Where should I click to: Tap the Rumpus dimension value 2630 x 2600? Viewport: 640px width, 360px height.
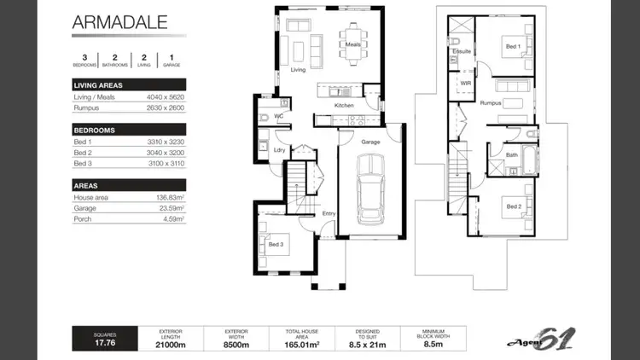[166, 108]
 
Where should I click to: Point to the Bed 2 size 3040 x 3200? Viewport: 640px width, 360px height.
[166, 152]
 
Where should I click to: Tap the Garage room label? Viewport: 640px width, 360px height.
[370, 142]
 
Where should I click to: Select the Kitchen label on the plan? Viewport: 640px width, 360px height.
[344, 106]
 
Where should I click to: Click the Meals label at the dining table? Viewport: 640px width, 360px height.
[353, 44]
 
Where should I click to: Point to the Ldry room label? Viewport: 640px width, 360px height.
[278, 149]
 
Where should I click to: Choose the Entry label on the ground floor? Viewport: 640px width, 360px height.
[329, 214]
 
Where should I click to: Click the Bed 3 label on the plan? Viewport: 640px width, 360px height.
[276, 245]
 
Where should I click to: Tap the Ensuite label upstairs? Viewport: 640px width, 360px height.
[462, 51]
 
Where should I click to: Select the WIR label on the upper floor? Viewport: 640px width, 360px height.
[466, 84]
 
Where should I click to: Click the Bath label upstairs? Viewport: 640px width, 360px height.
[511, 155]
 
